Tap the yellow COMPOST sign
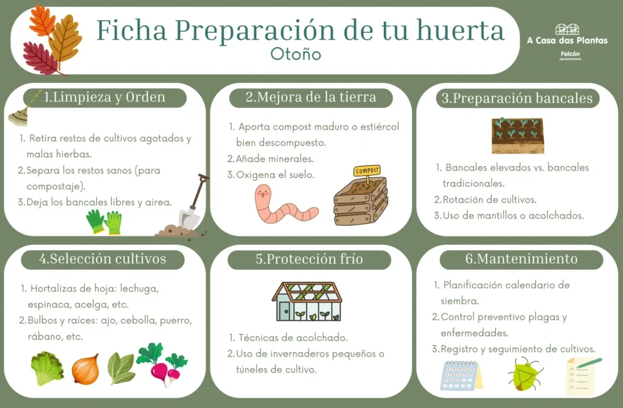pyautogui.click(x=367, y=171)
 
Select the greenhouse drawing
pyautogui.click(x=307, y=302)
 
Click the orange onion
pyautogui.click(x=85, y=369)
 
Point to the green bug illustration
pyautogui.click(x=524, y=374)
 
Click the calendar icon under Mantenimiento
pyautogui.click(x=461, y=375)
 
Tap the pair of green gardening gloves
pyautogui.click(x=104, y=222)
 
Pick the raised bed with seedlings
pyautogui.click(x=518, y=136)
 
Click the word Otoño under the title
pyautogui.click(x=296, y=54)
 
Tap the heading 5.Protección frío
pyautogui.click(x=309, y=259)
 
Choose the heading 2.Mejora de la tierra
pyautogui.click(x=311, y=97)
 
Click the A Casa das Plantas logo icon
pyautogui.click(x=567, y=29)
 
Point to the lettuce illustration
pyautogui.click(x=47, y=368)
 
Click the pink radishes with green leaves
pyautogui.click(x=162, y=364)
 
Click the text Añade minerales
pyautogui.click(x=274, y=159)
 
